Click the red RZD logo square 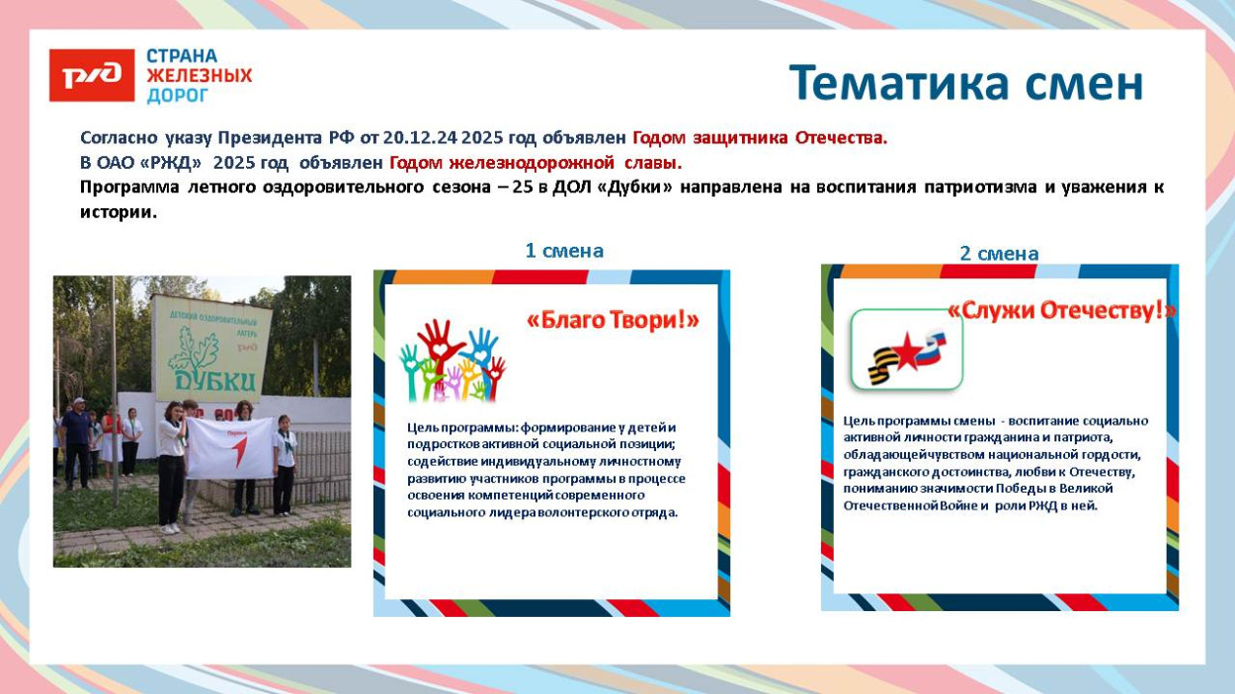pos(92,76)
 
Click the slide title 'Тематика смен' pos(965,84)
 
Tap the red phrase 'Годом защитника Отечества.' pos(760,138)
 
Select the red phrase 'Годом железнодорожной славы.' pos(535,163)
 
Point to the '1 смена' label pos(564,251)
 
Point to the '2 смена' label pos(999,254)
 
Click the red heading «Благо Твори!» pos(613,320)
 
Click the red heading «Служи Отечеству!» pos(1061,310)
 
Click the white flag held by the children pos(229,447)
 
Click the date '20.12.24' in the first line pos(421,138)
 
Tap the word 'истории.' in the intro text pos(119,212)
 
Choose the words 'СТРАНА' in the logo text pos(182,56)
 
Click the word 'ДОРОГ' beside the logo pos(178,96)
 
